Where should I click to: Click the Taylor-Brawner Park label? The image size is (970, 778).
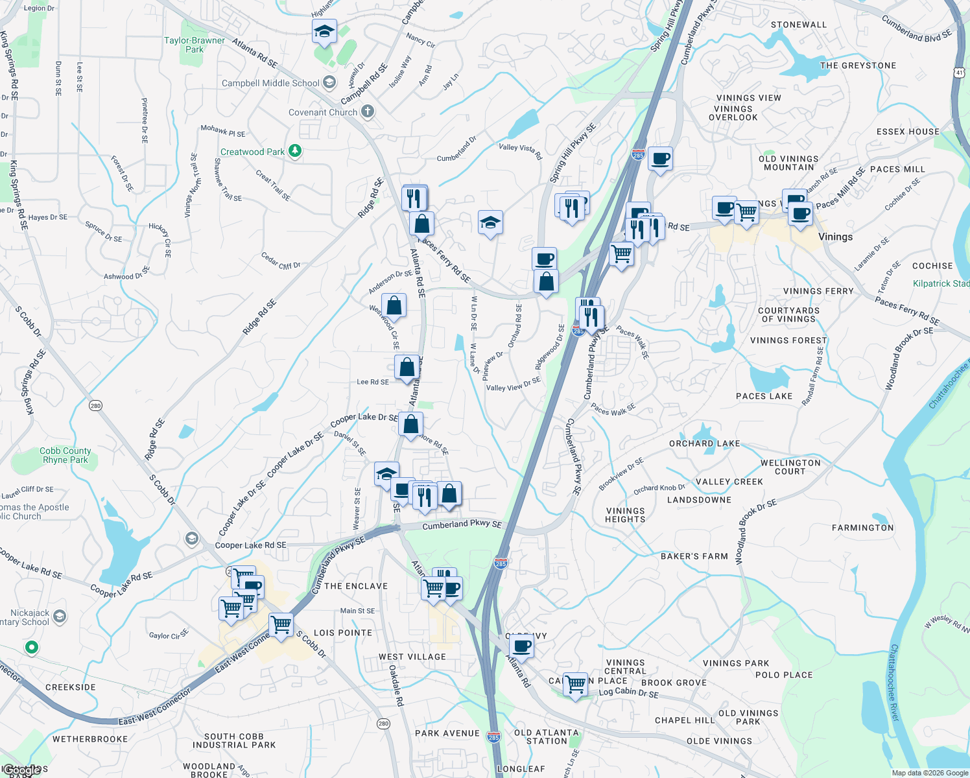(x=195, y=45)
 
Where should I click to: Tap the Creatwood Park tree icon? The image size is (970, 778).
(x=295, y=151)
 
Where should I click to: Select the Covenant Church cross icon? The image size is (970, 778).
(x=368, y=112)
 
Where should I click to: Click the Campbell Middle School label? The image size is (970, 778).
(x=270, y=83)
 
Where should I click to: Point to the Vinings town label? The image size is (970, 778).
(x=835, y=237)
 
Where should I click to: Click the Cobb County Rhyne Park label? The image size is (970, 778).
(x=65, y=455)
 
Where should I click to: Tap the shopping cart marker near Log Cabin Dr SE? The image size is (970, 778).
(x=575, y=684)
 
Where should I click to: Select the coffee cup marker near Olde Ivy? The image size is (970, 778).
(x=521, y=646)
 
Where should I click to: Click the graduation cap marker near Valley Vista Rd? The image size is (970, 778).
(x=490, y=223)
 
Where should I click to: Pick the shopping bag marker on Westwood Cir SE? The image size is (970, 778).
(x=394, y=305)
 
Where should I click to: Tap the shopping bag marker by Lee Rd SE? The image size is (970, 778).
(x=407, y=367)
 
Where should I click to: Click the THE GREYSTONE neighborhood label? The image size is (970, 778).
(x=858, y=65)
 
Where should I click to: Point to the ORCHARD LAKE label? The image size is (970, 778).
(x=704, y=443)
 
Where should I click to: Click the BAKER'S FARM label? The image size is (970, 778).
(x=694, y=556)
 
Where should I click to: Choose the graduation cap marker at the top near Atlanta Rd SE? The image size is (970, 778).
(x=324, y=30)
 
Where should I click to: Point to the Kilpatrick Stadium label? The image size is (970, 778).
(x=940, y=283)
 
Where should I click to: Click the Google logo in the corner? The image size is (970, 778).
(x=23, y=770)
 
